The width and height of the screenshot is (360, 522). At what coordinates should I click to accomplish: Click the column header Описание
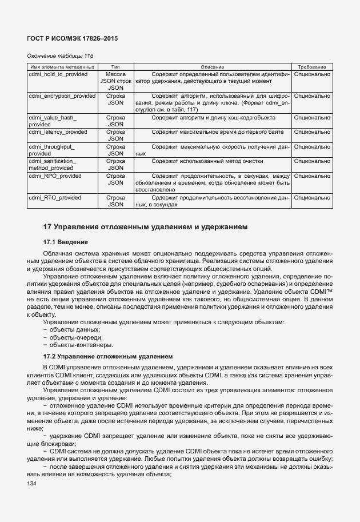212,67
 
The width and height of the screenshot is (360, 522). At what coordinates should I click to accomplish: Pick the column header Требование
311,67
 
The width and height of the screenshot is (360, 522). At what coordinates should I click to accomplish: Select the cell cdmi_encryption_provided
62,96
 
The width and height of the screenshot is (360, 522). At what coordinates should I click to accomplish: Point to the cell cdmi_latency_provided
58,132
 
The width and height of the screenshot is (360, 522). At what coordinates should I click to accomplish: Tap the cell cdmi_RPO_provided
55,176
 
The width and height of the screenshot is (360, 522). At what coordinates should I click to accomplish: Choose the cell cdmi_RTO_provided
55,197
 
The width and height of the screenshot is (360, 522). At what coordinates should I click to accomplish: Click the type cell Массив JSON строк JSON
116,81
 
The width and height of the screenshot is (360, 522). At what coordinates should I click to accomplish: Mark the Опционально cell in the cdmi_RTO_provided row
311,197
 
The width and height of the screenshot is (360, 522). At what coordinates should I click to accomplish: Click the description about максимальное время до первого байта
212,132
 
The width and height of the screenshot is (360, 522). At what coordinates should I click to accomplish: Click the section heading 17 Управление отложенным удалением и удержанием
146,227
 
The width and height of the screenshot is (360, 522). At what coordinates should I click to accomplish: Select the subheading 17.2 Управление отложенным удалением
108,356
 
